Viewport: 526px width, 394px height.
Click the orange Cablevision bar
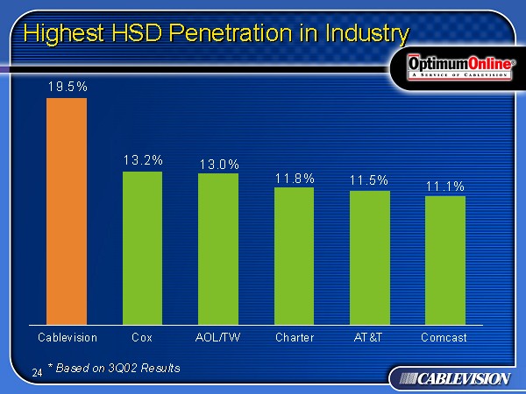(x=67, y=211)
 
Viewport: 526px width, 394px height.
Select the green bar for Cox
(x=142, y=248)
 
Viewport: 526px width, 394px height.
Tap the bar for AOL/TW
(x=218, y=249)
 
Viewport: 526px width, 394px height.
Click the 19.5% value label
(x=67, y=86)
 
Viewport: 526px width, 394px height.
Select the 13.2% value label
(x=143, y=160)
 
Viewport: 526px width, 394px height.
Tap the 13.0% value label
(x=219, y=164)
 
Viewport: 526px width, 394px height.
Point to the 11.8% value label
(x=295, y=178)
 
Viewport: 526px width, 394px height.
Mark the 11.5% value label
(x=369, y=179)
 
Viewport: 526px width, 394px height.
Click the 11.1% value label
(x=445, y=186)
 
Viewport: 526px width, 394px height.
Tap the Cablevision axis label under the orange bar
(x=68, y=337)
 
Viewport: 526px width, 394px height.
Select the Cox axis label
(x=142, y=337)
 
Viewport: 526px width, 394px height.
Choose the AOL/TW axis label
(x=217, y=337)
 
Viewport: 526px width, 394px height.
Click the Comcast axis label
(x=444, y=337)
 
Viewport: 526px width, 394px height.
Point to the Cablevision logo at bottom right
(x=451, y=378)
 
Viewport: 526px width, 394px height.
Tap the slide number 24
(x=37, y=373)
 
